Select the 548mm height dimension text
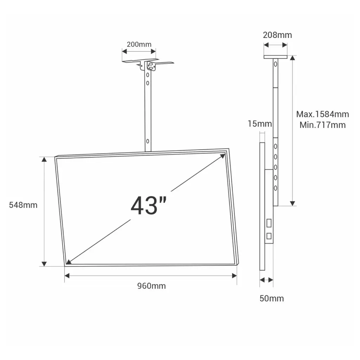click(23, 205)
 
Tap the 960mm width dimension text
click(151, 286)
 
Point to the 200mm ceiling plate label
click(139, 44)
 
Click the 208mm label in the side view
click(277, 35)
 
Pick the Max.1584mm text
click(322, 114)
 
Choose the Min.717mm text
click(322, 125)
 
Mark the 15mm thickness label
click(259, 124)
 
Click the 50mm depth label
click(271, 298)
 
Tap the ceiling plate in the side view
click(275, 57)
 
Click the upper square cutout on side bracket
click(269, 223)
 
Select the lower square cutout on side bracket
click(269, 236)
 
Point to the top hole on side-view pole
click(275, 64)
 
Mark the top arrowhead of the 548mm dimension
click(44, 159)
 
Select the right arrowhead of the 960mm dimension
click(234, 276)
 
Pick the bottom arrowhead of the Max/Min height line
click(292, 203)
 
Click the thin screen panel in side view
click(262, 206)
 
